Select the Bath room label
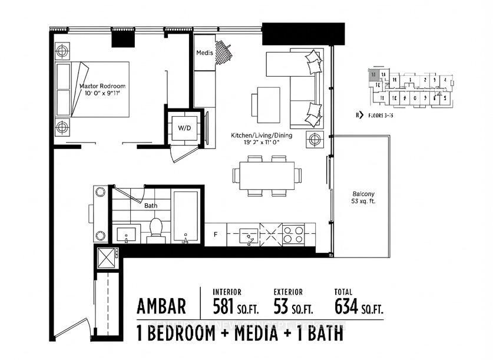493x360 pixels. (151, 206)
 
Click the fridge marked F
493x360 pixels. (216, 235)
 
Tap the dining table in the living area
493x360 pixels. (266, 176)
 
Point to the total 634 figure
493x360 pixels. (350, 306)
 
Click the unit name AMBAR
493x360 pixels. (161, 306)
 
